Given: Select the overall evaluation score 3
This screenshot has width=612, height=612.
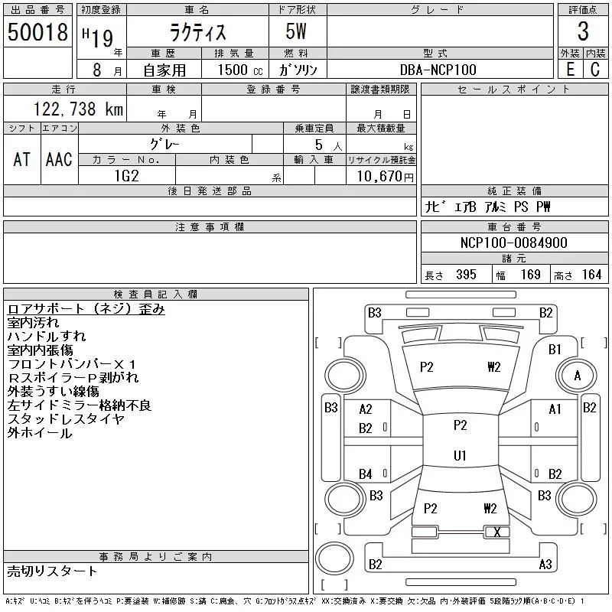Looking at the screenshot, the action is click(583, 32).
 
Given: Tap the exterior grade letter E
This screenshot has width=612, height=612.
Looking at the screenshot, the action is click(570, 70).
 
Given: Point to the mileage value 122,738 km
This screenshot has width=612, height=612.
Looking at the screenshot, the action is click(76, 109).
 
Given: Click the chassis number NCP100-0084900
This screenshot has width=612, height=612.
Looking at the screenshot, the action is click(513, 243).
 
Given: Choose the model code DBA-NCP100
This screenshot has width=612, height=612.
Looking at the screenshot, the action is click(438, 70).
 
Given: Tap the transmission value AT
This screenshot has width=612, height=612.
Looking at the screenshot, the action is click(22, 159).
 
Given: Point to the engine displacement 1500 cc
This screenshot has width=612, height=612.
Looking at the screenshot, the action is click(237, 70).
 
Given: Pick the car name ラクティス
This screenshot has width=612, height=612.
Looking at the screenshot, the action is click(197, 32).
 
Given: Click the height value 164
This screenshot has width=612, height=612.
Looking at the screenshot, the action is click(591, 275).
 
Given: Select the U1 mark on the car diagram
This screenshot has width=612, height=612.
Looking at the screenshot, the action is click(460, 456).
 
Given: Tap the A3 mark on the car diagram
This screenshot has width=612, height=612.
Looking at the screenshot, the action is click(545, 565).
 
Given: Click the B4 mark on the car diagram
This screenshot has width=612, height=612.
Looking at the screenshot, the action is click(366, 474).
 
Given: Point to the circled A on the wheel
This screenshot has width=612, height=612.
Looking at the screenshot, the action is click(578, 376).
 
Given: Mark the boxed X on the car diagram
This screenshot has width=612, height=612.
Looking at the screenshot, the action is click(497, 532).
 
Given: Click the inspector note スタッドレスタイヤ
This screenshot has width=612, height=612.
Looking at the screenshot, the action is click(66, 419).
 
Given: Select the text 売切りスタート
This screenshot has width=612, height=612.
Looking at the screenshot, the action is click(52, 571).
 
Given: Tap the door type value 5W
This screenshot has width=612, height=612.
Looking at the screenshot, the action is click(298, 32).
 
